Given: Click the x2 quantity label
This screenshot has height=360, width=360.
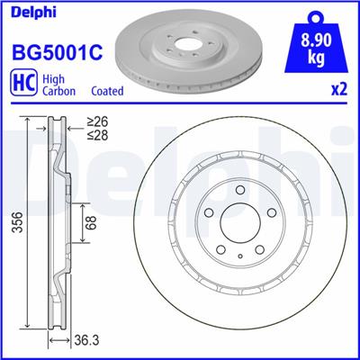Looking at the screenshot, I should (339, 91).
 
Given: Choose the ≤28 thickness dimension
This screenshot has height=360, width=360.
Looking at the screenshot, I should (97, 136).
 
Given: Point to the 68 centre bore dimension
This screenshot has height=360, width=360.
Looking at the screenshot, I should (88, 221).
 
